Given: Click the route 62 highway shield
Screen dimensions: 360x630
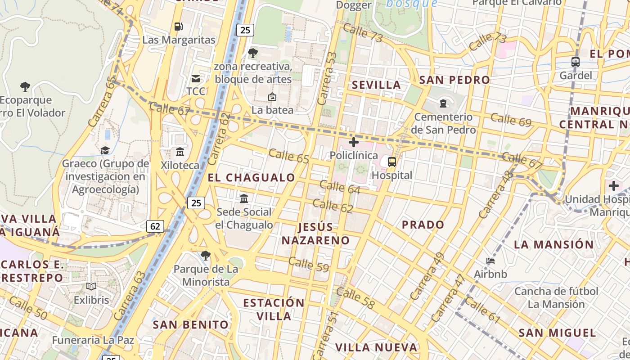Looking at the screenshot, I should pos(155,226).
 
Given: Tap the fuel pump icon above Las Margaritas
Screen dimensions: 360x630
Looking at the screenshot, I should pos(179,27).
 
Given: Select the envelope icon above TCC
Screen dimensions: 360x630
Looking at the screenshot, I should pos(196,79).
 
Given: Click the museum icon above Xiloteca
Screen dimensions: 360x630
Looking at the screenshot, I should pos(180,152).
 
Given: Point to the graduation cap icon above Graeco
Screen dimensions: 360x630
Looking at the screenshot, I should pos(105,150).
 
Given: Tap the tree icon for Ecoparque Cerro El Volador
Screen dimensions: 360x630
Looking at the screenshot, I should pos(25,87).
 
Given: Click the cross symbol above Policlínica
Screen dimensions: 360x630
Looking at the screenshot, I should pos(354,143).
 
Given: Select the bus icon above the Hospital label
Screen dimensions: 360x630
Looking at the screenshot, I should pos(392,162).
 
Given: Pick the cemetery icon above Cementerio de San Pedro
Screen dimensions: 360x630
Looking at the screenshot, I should pos(443,104).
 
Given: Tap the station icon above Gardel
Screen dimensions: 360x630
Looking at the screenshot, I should pos(576,62).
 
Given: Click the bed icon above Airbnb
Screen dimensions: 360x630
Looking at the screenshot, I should pos(490,261).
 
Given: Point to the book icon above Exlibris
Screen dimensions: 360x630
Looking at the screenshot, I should pos(91,287).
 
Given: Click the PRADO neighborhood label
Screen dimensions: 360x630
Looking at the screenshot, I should pos(423,225).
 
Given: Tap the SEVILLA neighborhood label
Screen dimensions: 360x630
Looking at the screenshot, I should pos(376,85).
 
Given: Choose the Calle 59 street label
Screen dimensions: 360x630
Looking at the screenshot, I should pos(309,264).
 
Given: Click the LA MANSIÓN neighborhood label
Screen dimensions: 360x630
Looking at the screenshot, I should pos(554,245).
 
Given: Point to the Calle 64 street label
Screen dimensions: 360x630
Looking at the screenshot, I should pos(340,187).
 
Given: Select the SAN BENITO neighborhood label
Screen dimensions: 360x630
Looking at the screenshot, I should pos(191,324).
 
